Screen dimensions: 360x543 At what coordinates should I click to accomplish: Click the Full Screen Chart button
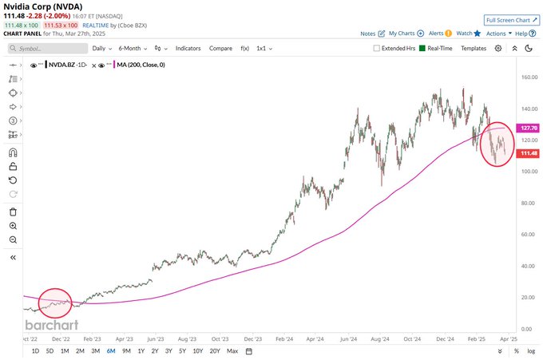click(x=510, y=19)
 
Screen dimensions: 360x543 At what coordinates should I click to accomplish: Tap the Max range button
click(x=232, y=350)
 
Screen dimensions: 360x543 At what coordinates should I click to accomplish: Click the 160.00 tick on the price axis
click(x=527, y=77)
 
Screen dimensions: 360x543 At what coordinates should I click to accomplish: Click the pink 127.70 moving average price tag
click(x=527, y=128)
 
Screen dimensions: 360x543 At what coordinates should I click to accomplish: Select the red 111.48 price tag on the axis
click(x=527, y=153)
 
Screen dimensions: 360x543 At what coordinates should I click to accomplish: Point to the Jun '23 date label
click(x=155, y=338)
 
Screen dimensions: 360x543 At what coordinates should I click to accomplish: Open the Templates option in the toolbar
click(x=473, y=49)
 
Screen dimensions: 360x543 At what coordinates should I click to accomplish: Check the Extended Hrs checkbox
click(x=378, y=49)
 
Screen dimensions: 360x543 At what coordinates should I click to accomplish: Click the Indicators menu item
click(x=188, y=49)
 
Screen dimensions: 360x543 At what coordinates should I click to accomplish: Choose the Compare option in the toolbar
click(x=220, y=49)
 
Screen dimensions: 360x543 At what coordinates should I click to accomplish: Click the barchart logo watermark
click(x=52, y=325)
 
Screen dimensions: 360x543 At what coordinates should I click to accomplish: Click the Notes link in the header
click(x=368, y=34)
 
